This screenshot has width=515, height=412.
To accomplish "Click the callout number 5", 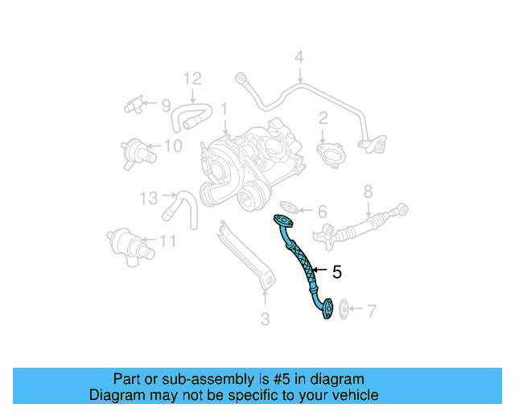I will click(x=336, y=273).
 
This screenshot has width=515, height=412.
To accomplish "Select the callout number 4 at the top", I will click(x=299, y=57).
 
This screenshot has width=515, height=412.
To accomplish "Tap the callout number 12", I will click(x=191, y=79).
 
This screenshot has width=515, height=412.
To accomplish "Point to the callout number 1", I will click(x=225, y=107).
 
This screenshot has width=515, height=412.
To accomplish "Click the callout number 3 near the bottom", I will click(x=264, y=319).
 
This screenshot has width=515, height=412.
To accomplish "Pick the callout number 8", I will click(x=368, y=192).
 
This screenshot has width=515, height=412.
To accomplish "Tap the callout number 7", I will click(x=371, y=311).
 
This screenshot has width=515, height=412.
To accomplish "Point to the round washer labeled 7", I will click(x=343, y=308).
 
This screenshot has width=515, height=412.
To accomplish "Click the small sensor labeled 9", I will click(x=134, y=105).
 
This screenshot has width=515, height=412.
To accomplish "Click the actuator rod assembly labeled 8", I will click(x=366, y=226).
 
